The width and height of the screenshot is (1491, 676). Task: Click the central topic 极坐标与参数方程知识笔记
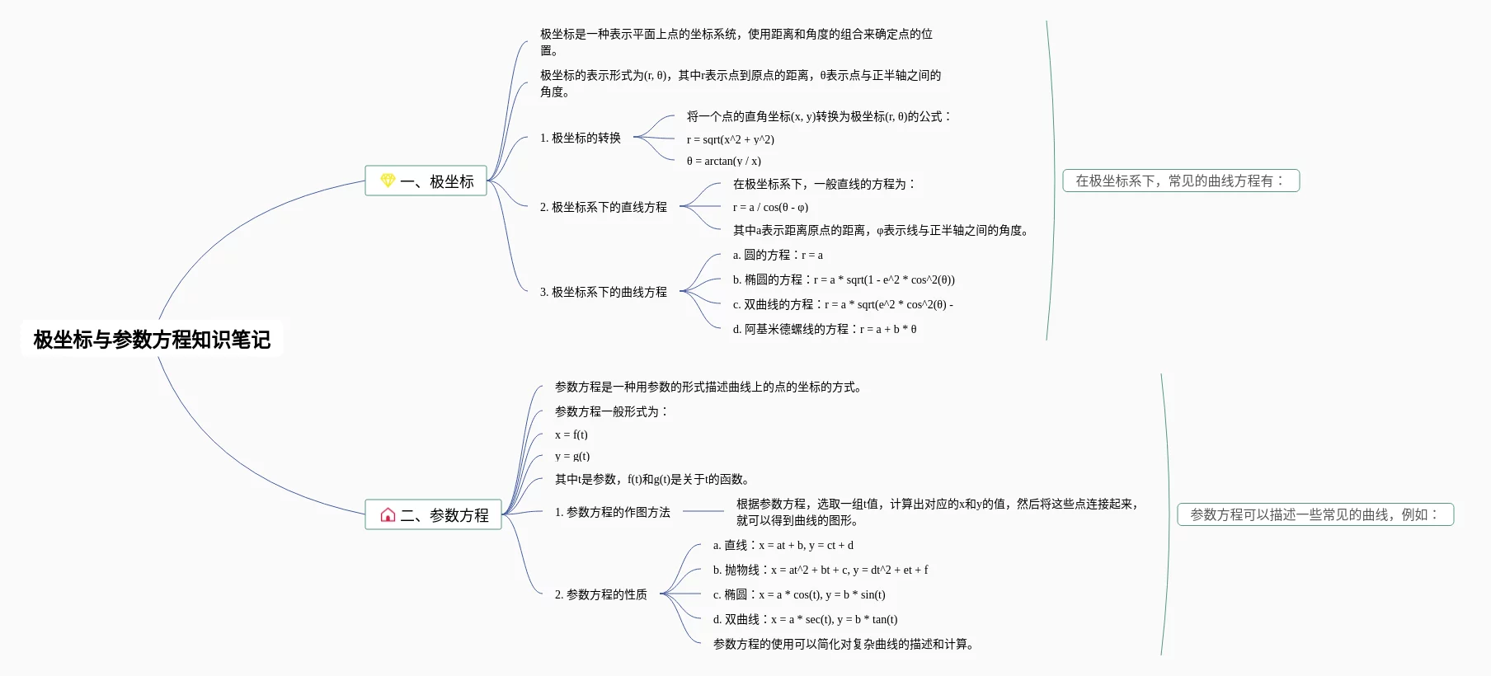pos(152,339)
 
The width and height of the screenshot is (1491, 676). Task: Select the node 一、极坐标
pos(426,181)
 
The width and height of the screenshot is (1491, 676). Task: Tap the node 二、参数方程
pos(434,515)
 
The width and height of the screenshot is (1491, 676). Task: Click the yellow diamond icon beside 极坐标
pos(388,181)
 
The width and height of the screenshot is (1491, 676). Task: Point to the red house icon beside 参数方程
pos(388,515)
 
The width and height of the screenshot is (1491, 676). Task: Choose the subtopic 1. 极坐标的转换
pos(580,138)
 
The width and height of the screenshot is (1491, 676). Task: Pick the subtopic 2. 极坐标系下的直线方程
pos(603,207)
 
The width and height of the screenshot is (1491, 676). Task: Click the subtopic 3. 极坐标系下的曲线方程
pos(603,292)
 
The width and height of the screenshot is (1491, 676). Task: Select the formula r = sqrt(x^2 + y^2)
pos(730,139)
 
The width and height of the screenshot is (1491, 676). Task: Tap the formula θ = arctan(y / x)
pos(723,161)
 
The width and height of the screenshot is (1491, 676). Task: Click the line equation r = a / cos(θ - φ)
pos(770,207)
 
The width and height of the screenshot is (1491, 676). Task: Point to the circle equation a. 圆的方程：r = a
pos(778,255)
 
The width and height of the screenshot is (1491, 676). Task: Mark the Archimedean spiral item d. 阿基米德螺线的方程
pos(824,329)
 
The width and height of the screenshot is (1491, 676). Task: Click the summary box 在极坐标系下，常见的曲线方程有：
pos(1180,181)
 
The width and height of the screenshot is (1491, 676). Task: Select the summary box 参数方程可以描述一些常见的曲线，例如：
pos(1315,514)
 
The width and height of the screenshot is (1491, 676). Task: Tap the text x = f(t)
pos(571,434)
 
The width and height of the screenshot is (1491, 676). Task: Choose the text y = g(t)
pos(571,456)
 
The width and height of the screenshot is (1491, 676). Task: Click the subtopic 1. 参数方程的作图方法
pos(612,512)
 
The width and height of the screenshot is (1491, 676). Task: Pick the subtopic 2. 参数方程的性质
pos(600,594)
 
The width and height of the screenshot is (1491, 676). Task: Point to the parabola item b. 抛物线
pos(820,570)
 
